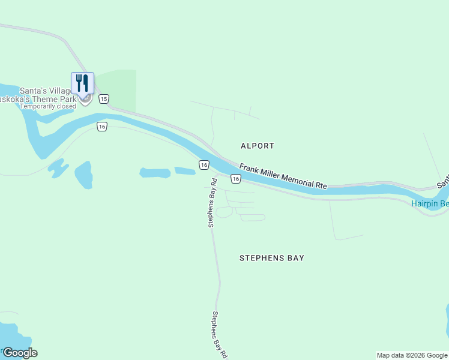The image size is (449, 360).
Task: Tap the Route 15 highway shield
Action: coord(104,98)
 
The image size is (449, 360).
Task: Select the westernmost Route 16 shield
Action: coord(102,127)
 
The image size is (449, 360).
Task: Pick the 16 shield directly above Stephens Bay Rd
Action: coord(204,164)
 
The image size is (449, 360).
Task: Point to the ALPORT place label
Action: coord(257,146)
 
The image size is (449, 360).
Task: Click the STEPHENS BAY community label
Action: coord(271,258)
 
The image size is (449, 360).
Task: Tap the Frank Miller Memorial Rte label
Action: coord(283,176)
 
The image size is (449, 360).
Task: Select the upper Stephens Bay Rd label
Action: coord(211,202)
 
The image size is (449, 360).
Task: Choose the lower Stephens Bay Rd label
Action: coord(219,334)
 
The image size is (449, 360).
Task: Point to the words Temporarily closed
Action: coord(48,106)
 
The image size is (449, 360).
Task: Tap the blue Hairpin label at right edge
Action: coord(430,204)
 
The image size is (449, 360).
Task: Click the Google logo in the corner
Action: coord(20,353)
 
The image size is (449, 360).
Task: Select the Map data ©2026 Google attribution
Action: coord(412,355)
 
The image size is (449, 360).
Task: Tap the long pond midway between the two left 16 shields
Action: coord(155,173)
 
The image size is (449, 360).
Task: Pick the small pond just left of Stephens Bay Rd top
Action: coord(185,171)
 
